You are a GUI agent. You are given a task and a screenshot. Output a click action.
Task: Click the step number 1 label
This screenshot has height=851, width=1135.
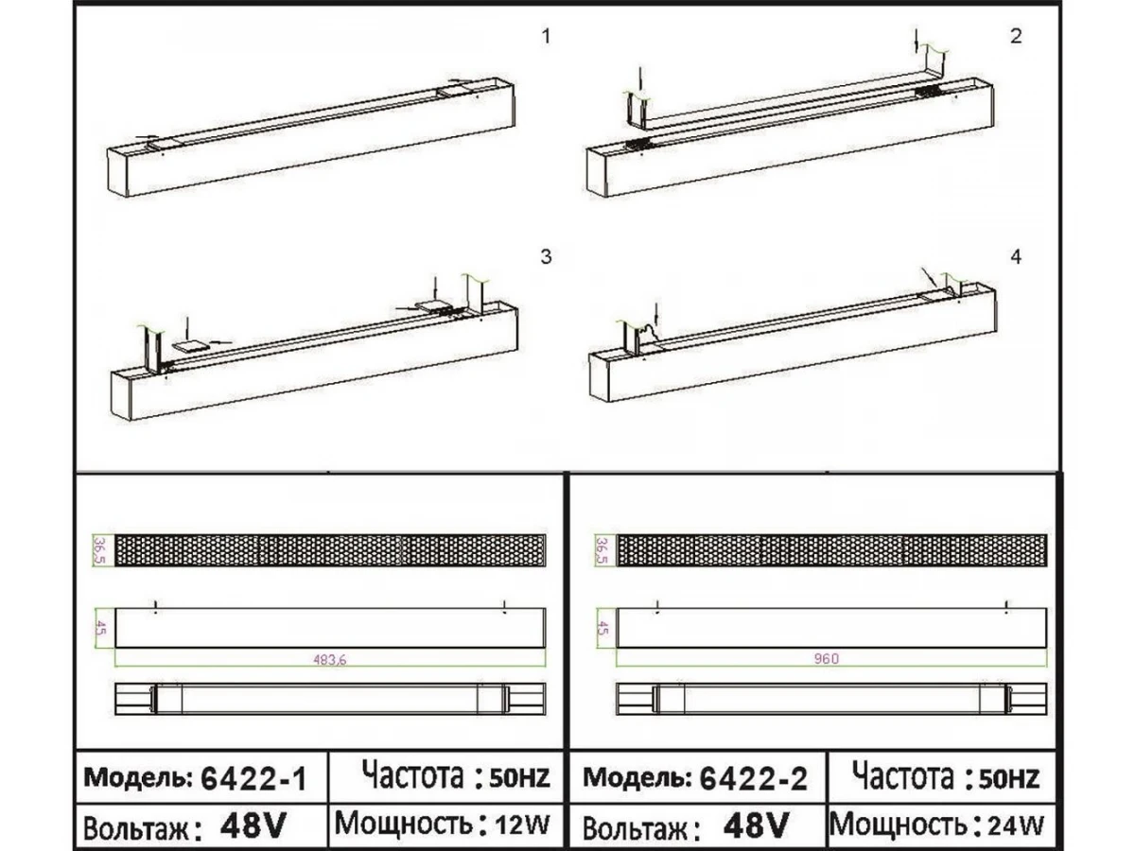(x=546, y=37)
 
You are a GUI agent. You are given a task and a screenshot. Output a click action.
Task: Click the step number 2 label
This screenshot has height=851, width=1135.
(x=1016, y=37)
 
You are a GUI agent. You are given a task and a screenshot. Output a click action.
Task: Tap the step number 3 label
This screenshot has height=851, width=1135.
(x=546, y=257)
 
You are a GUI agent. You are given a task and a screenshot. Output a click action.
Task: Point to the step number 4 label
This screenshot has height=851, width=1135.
(x=1016, y=257)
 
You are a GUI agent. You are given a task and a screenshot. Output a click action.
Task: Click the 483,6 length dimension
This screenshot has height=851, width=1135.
(x=330, y=660)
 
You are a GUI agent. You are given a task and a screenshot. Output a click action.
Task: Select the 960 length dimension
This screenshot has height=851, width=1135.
(x=826, y=659)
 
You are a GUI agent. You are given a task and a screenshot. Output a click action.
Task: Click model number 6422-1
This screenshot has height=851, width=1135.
(x=253, y=778)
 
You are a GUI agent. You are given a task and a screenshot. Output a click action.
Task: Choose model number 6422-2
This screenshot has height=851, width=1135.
(x=753, y=778)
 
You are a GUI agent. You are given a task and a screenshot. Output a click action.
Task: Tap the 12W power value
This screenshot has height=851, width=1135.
(x=522, y=825)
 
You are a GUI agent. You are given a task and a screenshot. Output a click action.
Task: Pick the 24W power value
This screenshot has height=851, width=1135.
(x=1016, y=825)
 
